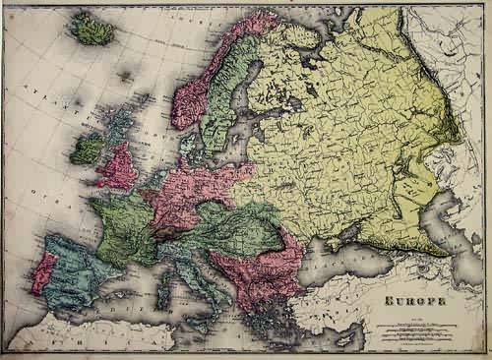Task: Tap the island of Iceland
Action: tap(92, 31)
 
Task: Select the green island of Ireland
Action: tap(87, 149)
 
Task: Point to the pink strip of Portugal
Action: tap(42, 274)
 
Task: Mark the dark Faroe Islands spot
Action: tap(126, 75)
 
